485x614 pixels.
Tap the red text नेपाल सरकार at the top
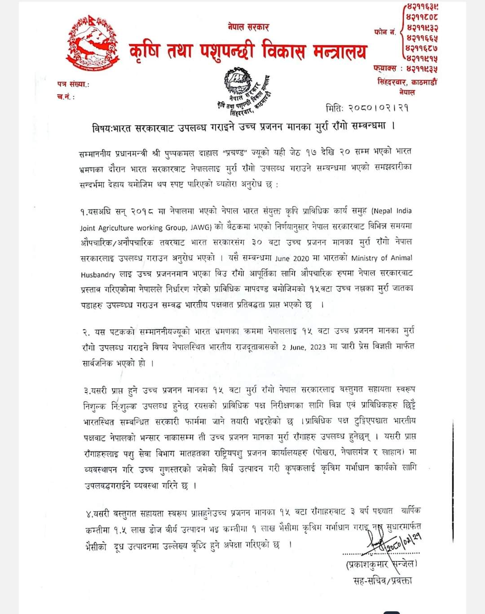(248, 27)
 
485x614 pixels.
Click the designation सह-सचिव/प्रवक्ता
(382, 580)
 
